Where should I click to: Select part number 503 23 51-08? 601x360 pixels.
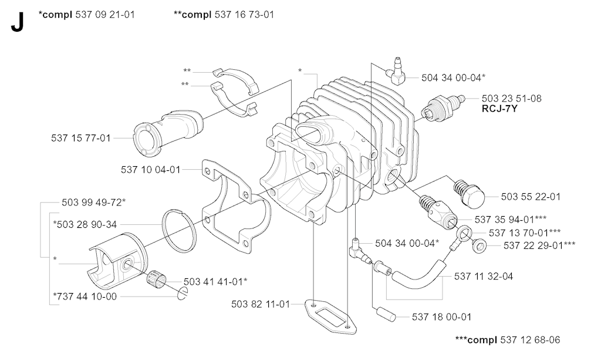[x=511, y=99]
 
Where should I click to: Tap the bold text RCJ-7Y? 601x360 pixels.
[x=499, y=109]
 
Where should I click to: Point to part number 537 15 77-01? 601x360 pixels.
[x=81, y=138]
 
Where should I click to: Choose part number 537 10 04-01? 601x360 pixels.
[x=151, y=170]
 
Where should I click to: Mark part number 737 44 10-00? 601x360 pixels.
[x=84, y=297]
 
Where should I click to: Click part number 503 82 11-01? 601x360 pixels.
[x=261, y=304]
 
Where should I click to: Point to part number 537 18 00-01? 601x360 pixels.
[x=441, y=317]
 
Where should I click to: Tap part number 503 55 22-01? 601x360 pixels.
[x=531, y=197]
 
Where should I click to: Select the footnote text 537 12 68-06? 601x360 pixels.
[x=530, y=340]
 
